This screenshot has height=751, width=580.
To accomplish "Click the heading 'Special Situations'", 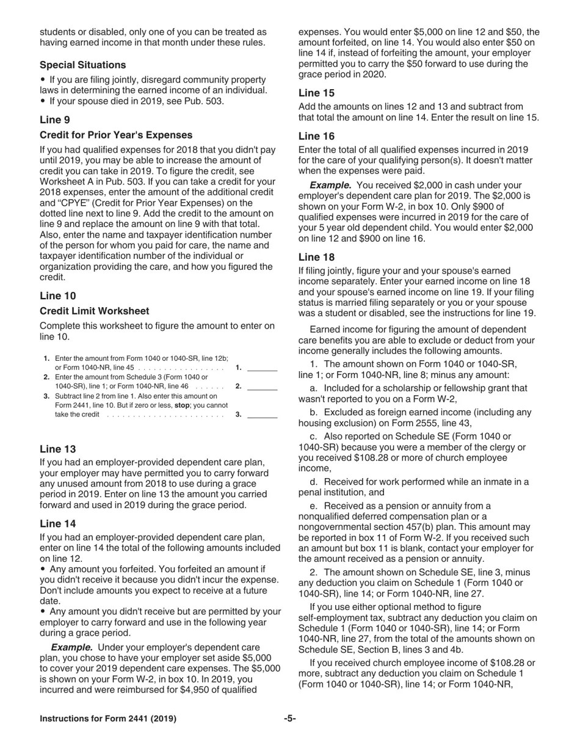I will [83, 65].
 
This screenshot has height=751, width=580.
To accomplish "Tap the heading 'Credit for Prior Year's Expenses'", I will [116, 135].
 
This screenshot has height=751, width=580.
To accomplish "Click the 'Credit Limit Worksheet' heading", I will [95, 311].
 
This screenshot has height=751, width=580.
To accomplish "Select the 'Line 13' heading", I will [58, 449].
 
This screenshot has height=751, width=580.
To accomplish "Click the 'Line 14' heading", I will [58, 524].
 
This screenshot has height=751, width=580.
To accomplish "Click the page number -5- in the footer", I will [290, 719].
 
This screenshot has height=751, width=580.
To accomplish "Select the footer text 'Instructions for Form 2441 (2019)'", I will [108, 719].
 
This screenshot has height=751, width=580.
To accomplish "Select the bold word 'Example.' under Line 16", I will [330, 185].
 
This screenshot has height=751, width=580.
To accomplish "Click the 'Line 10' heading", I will [58, 296].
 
